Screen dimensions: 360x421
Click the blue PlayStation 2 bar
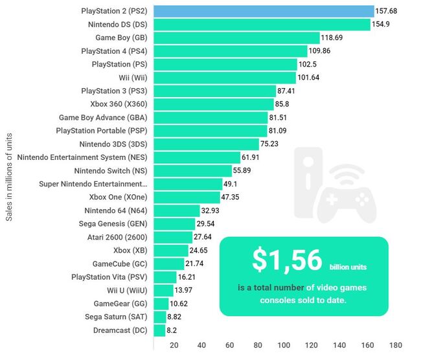tap(263, 11)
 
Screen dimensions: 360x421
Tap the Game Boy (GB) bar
tap(236, 38)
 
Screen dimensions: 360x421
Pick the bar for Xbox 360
tap(214, 104)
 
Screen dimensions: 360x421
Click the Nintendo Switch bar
tap(192, 171)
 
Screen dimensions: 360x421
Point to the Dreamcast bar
tap(159, 330)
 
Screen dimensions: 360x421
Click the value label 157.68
tap(389, 11)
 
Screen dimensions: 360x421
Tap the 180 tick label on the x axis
tap(396, 345)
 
